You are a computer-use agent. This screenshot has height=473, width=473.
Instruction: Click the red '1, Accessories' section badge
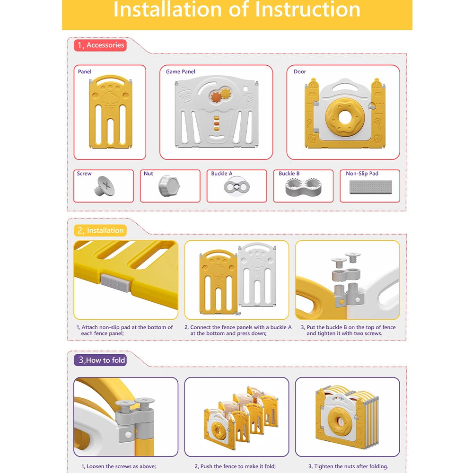pyautogui.click(x=100, y=45)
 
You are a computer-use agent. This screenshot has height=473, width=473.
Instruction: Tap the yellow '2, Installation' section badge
pyautogui.click(x=100, y=230)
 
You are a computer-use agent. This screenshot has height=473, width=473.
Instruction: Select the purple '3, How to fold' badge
pyautogui.click(x=100, y=360)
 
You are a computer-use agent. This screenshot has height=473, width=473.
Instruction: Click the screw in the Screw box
pyautogui.click(x=104, y=186)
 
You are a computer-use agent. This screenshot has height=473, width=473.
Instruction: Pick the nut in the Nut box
pyautogui.click(x=169, y=186)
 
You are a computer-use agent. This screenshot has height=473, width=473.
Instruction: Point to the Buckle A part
pyautogui.click(x=237, y=187)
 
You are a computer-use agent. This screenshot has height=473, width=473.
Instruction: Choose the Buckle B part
pyautogui.click(x=303, y=187)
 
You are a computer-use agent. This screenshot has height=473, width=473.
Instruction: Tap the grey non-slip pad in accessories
pyautogui.click(x=371, y=187)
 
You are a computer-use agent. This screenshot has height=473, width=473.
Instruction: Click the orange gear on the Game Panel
pyautogui.click(x=216, y=97)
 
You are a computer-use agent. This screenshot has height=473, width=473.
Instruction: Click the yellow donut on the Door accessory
pyautogui.click(x=345, y=117)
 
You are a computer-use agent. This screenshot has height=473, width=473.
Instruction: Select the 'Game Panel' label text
pyautogui.click(x=180, y=71)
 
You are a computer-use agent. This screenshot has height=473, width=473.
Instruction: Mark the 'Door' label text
pyautogui.click(x=300, y=71)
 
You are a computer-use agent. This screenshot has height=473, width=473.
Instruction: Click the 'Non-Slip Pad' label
pyautogui.click(x=362, y=174)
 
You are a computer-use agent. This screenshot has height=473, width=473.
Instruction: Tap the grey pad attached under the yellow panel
pyautogui.click(x=115, y=283)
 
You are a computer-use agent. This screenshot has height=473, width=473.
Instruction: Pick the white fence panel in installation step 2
pyautogui.click(x=257, y=274)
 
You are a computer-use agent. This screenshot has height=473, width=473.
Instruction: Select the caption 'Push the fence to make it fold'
pyautogui.click(x=238, y=466)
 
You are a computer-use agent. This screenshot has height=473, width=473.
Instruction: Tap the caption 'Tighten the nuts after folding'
pyautogui.click(x=351, y=466)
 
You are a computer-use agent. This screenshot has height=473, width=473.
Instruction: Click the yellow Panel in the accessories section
pyautogui.click(x=110, y=112)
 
